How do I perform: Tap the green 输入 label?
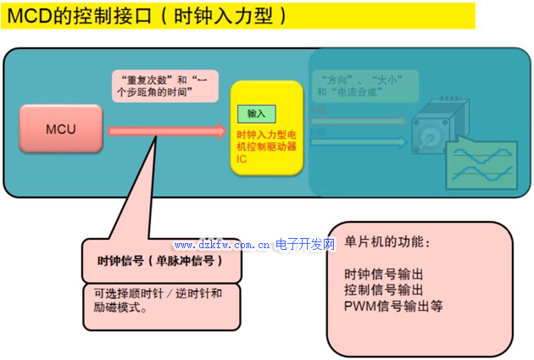click(x=256, y=113)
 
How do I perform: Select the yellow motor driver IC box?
click(x=266, y=128)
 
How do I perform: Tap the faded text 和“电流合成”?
click(x=353, y=90)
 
